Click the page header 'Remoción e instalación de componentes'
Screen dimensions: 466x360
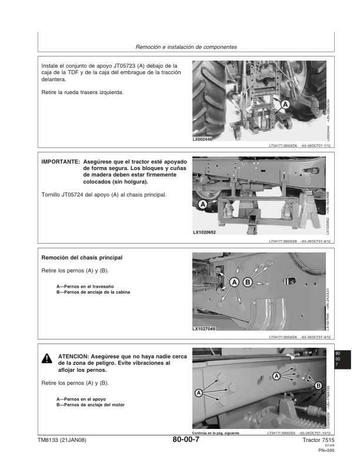pyautogui.click(x=186, y=47)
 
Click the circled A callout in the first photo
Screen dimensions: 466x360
pyautogui.click(x=286, y=104)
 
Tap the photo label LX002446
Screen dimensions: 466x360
pyautogui.click(x=204, y=139)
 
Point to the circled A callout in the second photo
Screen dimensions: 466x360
pyautogui.click(x=202, y=205)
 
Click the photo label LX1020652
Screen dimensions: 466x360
pyautogui.click(x=205, y=233)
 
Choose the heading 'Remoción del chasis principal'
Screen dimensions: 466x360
pyautogui.click(x=82, y=258)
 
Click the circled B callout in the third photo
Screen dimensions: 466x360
pyautogui.click(x=247, y=282)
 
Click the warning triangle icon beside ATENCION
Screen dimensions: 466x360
pyautogui.click(x=46, y=360)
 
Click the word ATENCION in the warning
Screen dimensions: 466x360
pyautogui.click(x=74, y=357)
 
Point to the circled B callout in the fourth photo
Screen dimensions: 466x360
pyautogui.click(x=318, y=385)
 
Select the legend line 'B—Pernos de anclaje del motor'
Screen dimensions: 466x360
pyautogui.click(x=91, y=405)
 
